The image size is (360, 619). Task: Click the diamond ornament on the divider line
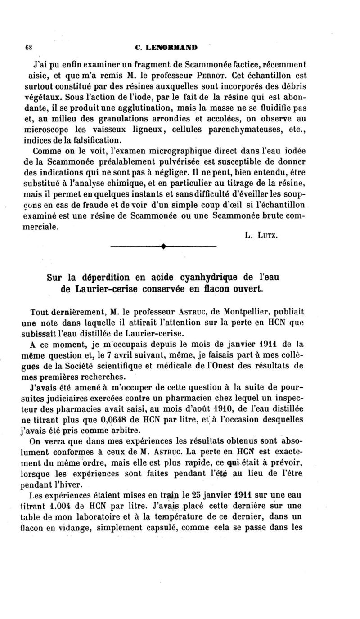[x=163, y=246]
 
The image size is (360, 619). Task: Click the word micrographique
[x=189, y=153]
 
